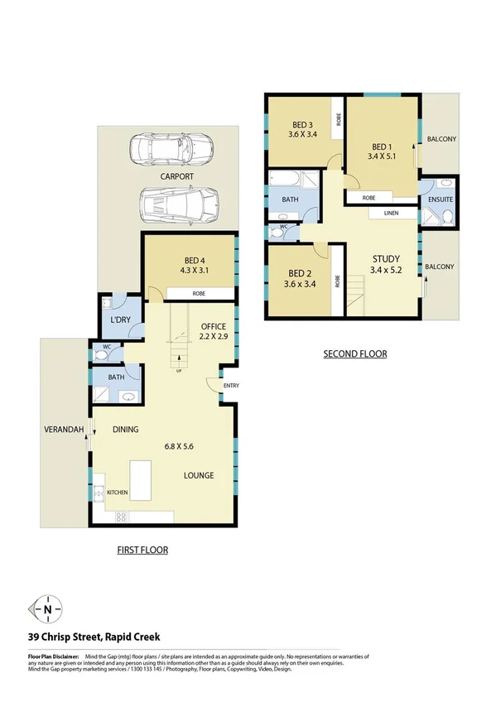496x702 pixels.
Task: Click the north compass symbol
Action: (47, 609)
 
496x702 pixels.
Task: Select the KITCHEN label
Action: (117, 493)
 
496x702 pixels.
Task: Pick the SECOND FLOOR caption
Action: (354, 353)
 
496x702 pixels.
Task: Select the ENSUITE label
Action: (439, 200)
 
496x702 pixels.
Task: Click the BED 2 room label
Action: (299, 272)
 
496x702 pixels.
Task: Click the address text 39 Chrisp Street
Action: (94, 637)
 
